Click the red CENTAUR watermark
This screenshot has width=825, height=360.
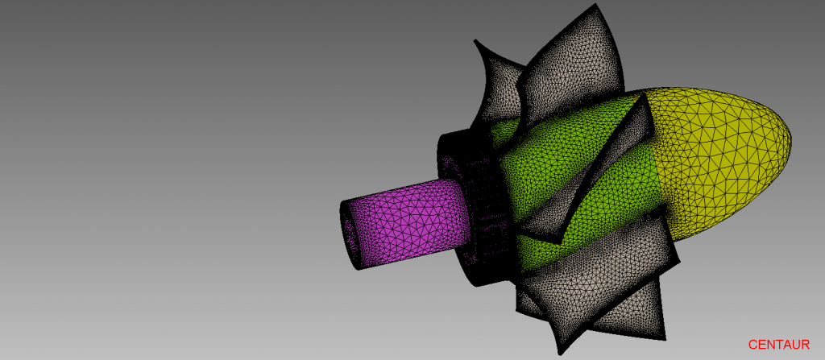point(779,345)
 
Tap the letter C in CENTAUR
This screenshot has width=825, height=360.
point(752,345)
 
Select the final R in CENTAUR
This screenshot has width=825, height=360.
point(806,345)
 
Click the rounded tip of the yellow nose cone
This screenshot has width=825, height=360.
point(791,142)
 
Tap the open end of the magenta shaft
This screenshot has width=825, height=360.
point(350,234)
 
